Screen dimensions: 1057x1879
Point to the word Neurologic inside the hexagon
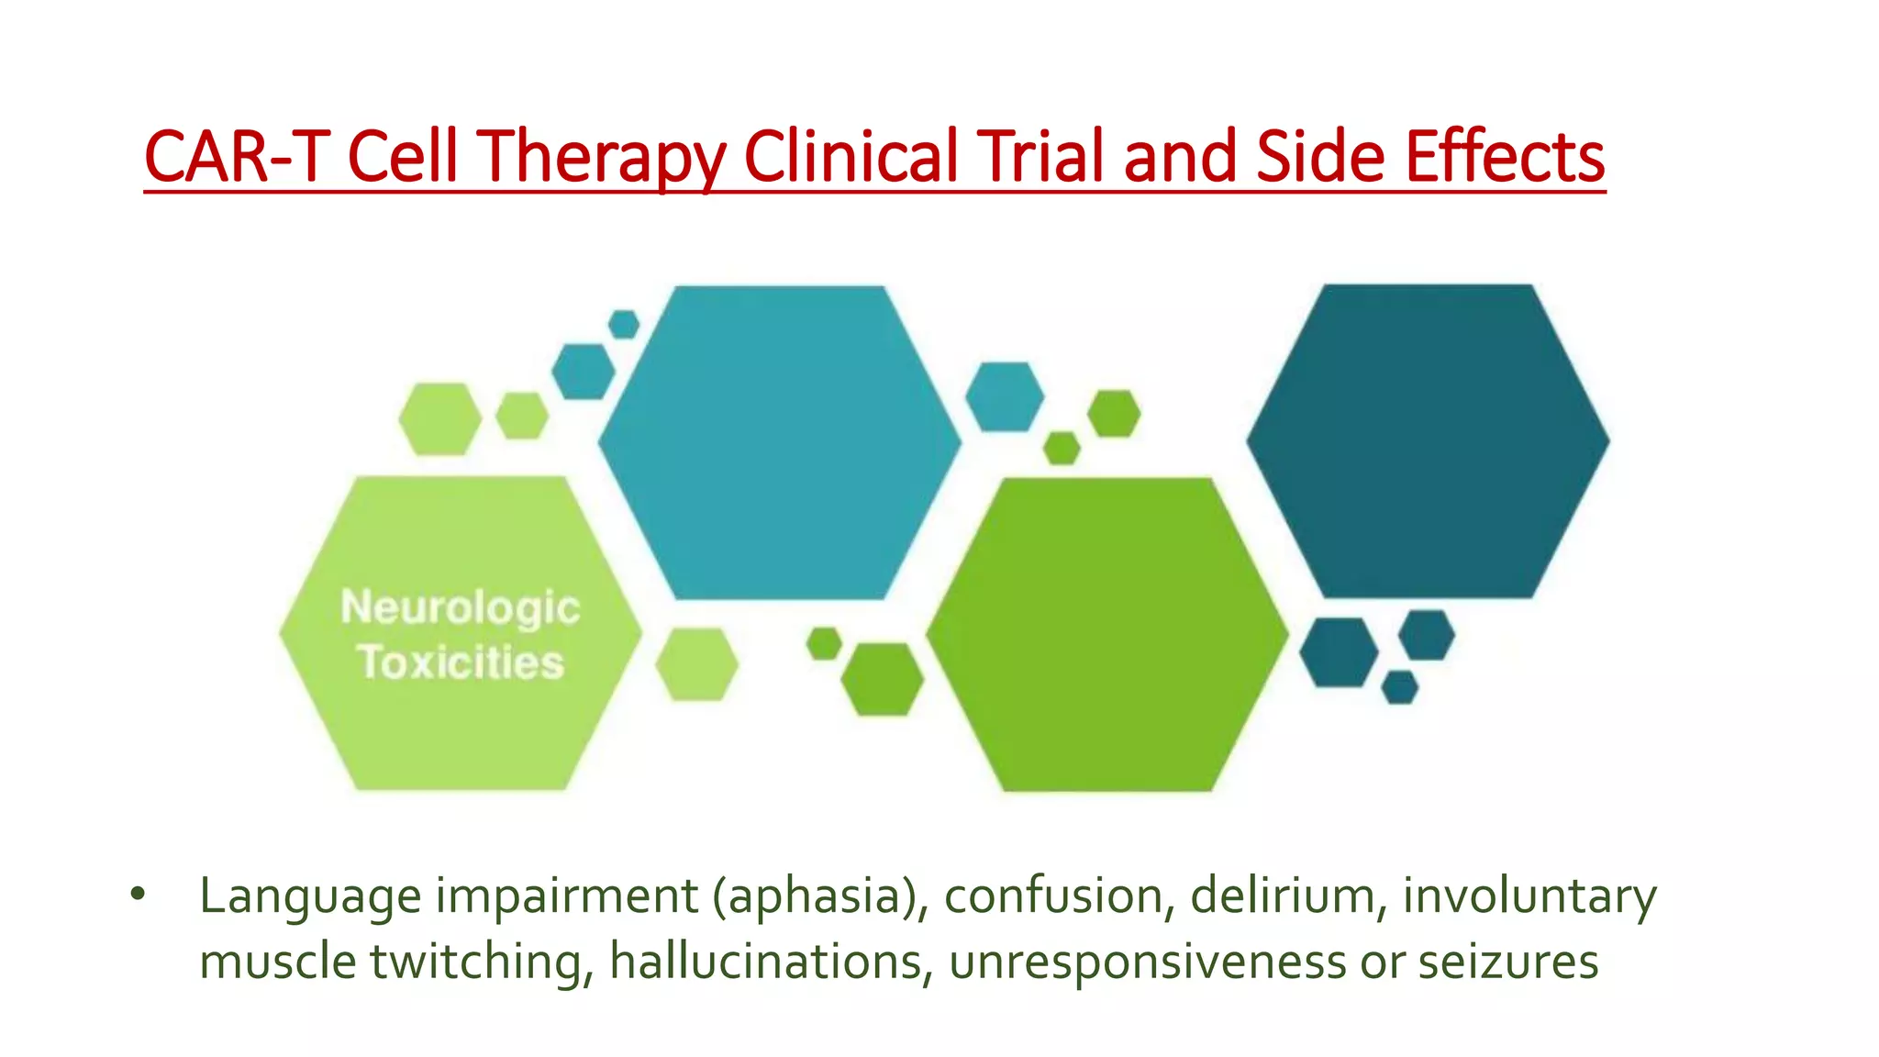coord(460,607)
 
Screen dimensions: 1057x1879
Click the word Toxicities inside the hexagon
coord(461,662)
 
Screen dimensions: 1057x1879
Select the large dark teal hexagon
coord(1427,441)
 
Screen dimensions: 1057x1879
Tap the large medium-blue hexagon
coord(779,442)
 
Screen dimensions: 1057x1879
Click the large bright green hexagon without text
coord(1107,634)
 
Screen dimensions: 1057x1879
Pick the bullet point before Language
coord(138,894)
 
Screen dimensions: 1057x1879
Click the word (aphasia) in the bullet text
coord(821,896)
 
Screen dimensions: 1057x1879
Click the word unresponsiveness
coord(1148,962)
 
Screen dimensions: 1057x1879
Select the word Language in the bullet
coord(310,896)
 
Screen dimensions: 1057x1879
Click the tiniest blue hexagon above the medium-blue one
coord(624,324)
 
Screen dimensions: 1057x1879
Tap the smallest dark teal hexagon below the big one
coord(1399,687)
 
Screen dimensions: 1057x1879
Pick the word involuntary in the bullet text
coord(1529,896)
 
